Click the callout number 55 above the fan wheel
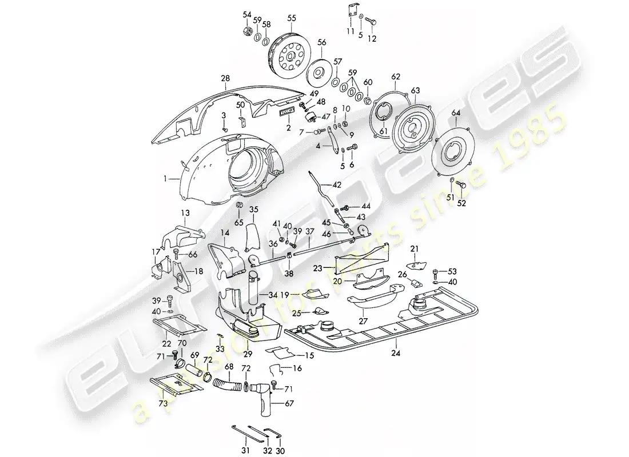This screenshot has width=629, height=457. click(x=292, y=18)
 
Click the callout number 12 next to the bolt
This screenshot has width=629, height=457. click(x=372, y=39)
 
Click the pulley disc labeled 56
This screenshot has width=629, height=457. click(x=318, y=73)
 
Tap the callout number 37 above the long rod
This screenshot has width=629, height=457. click(x=309, y=231)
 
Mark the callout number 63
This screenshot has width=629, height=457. click(x=415, y=90)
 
